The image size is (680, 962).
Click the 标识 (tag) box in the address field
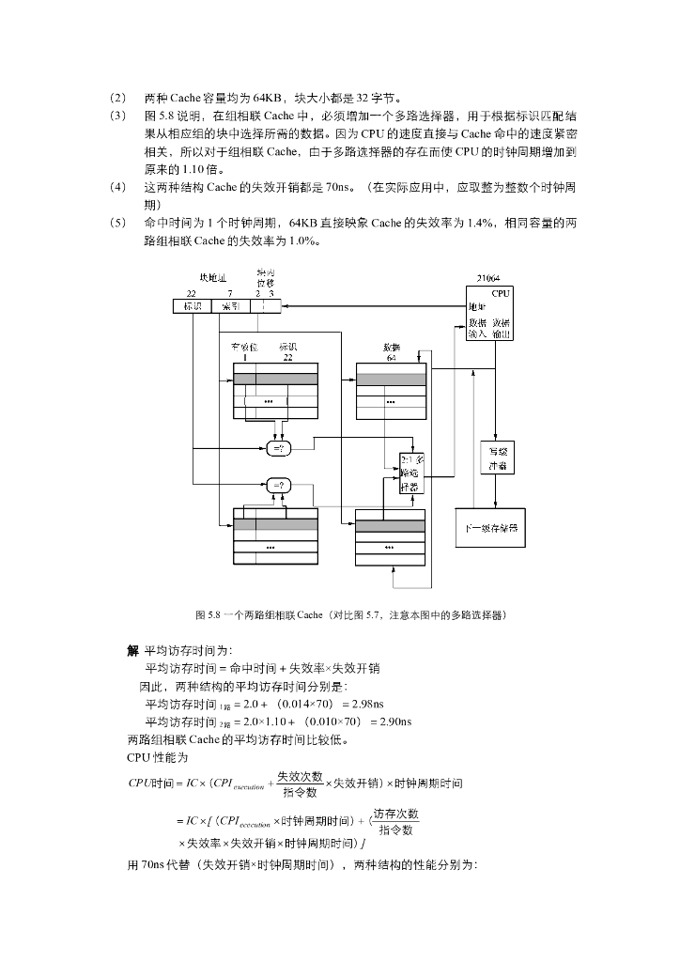tap(192, 306)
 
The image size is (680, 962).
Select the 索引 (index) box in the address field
tap(229, 306)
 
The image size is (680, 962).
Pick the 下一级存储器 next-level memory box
tap(490, 528)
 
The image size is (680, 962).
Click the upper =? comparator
tap(280, 449)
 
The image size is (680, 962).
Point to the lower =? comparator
tap(280, 486)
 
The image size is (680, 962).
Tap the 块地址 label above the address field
tap(212, 278)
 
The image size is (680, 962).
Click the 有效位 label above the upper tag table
tap(244, 348)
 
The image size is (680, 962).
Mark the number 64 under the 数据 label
tap(391, 358)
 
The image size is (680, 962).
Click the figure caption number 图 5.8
tap(207, 615)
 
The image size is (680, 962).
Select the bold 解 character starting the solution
tap(132, 651)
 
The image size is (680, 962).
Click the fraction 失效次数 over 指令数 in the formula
tap(300, 784)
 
